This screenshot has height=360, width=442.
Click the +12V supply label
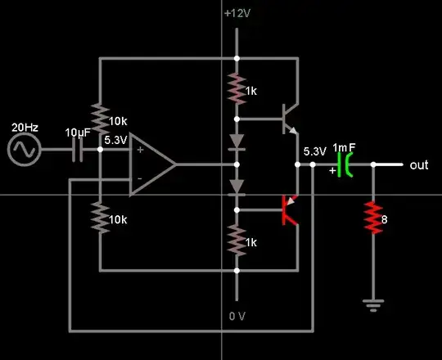(236, 15)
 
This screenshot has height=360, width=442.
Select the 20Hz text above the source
(25, 128)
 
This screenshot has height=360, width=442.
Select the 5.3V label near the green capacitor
(314, 151)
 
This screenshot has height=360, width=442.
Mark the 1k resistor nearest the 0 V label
(237, 241)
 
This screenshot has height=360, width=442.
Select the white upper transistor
(287, 119)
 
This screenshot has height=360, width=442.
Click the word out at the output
(419, 164)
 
